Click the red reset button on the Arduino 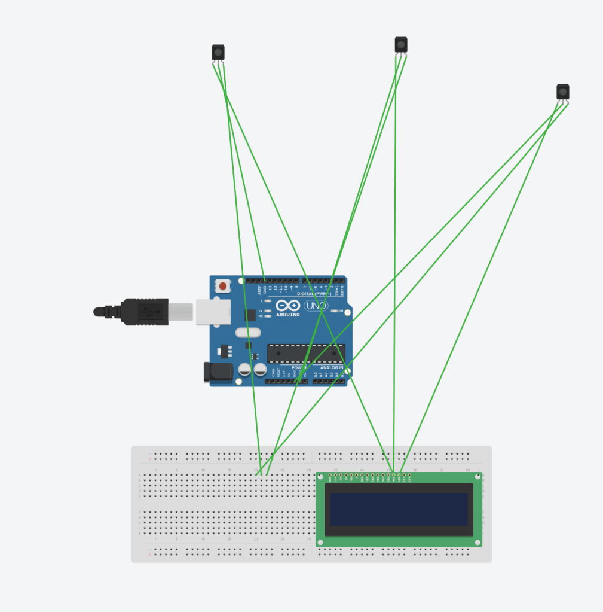point(223,286)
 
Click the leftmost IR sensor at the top point(218,52)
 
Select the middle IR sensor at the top point(401,44)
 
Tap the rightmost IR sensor point(563,92)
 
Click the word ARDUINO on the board point(287,315)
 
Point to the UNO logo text point(316,306)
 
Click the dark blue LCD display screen point(399,509)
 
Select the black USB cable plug point(144,312)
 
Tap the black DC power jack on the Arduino point(218,372)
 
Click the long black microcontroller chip point(305,354)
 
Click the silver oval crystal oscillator point(248,333)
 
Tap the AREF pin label point(259,290)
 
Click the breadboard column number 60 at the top point(467,470)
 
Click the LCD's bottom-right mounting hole point(477,542)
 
